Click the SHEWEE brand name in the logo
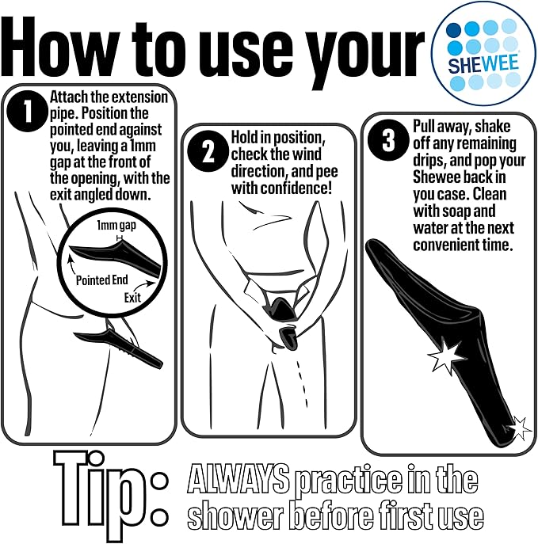[x=483, y=64]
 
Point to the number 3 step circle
[x=388, y=140]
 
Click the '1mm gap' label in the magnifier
[x=116, y=226]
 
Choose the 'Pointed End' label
[x=102, y=280]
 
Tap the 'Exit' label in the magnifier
[x=132, y=298]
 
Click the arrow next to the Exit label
[x=143, y=285]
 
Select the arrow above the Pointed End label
[x=71, y=263]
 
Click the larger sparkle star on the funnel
[x=445, y=356]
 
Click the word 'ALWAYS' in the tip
[x=238, y=479]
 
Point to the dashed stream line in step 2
[x=302, y=383]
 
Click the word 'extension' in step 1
[x=138, y=97]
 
